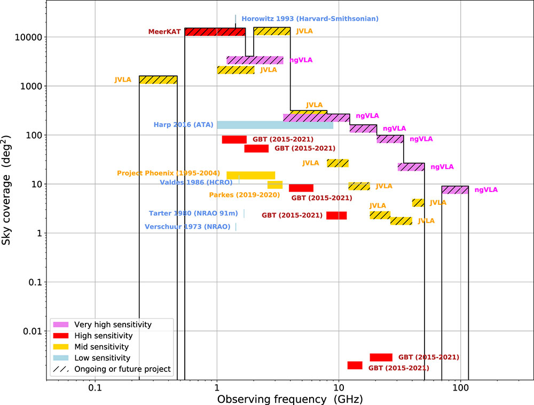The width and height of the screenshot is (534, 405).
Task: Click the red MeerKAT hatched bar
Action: [x=215, y=32]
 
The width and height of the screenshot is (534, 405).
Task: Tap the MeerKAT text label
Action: [x=164, y=32]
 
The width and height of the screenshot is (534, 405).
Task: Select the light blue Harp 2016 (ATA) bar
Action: [x=275, y=125]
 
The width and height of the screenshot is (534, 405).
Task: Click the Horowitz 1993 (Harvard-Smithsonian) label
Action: [x=310, y=19]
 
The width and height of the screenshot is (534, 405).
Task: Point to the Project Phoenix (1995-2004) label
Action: [x=168, y=173]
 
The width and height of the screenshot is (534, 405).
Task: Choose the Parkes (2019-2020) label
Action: [x=244, y=195]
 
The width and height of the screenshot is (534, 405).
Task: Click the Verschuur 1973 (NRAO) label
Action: [x=187, y=226]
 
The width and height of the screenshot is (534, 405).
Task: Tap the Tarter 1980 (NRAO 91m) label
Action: [x=193, y=213]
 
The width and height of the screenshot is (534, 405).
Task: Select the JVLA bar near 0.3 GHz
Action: [x=158, y=80]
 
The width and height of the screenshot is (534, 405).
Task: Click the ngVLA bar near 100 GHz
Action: [x=455, y=189]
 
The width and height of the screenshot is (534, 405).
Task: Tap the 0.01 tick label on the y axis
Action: [x=33, y=331]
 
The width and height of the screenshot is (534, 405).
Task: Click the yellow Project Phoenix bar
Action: [x=251, y=175]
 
